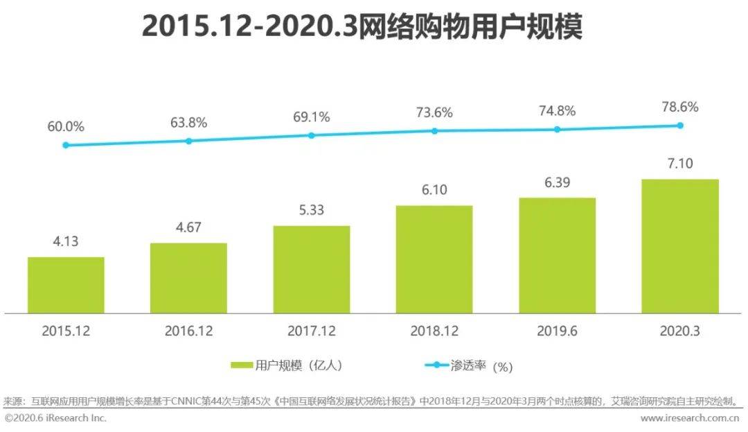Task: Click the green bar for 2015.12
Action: [x=66, y=285]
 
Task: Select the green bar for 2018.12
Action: [x=434, y=259]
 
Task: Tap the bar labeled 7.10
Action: [x=680, y=246]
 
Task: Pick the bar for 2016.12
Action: [x=188, y=278]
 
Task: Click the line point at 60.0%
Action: [x=66, y=145]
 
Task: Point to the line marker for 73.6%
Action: [x=434, y=130]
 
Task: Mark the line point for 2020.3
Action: [x=680, y=126]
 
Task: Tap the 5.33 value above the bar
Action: [x=311, y=210]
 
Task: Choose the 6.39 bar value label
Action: [x=557, y=182]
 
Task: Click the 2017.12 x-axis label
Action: [x=311, y=331]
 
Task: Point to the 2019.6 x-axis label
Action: [x=557, y=331]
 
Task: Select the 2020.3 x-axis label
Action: [x=680, y=331]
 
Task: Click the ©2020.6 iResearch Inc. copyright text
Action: [x=55, y=418]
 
